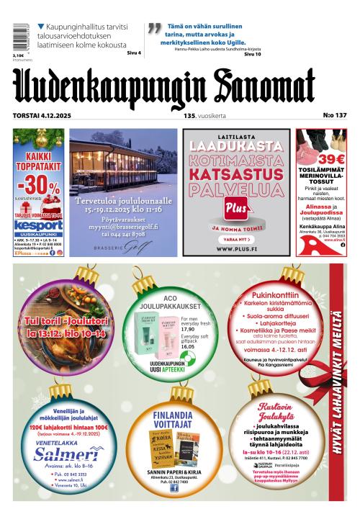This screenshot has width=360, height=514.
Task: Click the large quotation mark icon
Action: (x=153, y=29)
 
